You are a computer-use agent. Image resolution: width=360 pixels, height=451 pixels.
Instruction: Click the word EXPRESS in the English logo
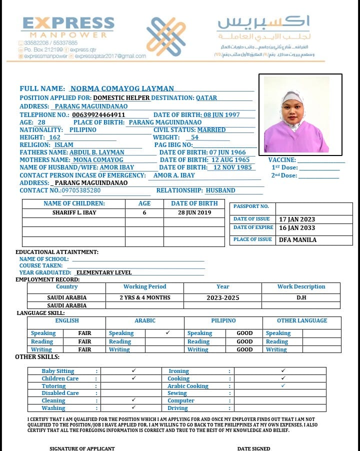[68, 24]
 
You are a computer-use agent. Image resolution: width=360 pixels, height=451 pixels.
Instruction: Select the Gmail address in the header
[110, 56]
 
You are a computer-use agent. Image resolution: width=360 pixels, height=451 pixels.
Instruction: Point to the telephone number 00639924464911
[98, 114]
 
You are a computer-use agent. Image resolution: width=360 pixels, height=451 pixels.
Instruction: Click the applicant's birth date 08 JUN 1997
[221, 114]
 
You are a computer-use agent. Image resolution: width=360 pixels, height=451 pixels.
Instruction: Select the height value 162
[55, 137]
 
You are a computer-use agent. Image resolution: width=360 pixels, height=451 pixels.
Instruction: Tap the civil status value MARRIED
[211, 129]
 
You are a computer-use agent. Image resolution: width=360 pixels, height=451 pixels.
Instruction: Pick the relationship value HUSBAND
[220, 190]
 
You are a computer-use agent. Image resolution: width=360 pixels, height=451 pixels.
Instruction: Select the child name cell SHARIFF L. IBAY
[74, 212]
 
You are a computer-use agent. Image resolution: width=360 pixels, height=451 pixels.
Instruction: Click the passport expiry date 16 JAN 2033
[297, 227]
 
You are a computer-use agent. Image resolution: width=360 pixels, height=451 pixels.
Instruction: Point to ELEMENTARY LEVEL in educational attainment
[104, 272]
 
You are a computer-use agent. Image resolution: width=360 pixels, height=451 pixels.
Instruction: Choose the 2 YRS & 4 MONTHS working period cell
[145, 297]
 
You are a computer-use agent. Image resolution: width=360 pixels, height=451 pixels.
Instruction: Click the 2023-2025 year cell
[223, 297]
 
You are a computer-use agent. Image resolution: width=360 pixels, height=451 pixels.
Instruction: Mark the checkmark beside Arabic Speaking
[167, 332]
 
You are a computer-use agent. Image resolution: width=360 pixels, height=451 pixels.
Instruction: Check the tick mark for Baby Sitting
[133, 371]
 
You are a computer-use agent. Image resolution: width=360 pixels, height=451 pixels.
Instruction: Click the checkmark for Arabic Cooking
[283, 385]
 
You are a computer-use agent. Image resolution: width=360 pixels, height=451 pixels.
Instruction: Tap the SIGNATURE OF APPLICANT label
[82, 448]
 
